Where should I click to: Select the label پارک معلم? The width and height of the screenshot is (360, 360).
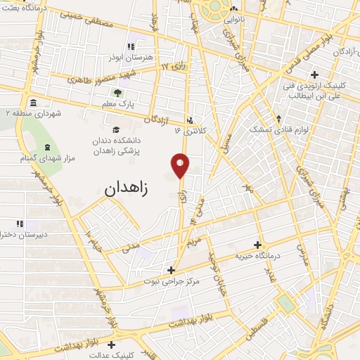pyautogui.click(x=117, y=104)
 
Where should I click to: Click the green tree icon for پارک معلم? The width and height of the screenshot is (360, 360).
pyautogui.click(x=117, y=93)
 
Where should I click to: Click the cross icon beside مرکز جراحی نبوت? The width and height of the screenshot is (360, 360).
pyautogui.click(x=171, y=269)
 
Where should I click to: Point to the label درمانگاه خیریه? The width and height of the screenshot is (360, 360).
pyautogui.click(x=258, y=255)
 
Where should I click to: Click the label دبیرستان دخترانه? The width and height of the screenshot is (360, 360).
pyautogui.click(x=24, y=235)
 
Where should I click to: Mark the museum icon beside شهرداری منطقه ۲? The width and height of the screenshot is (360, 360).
pyautogui.click(x=35, y=102)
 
